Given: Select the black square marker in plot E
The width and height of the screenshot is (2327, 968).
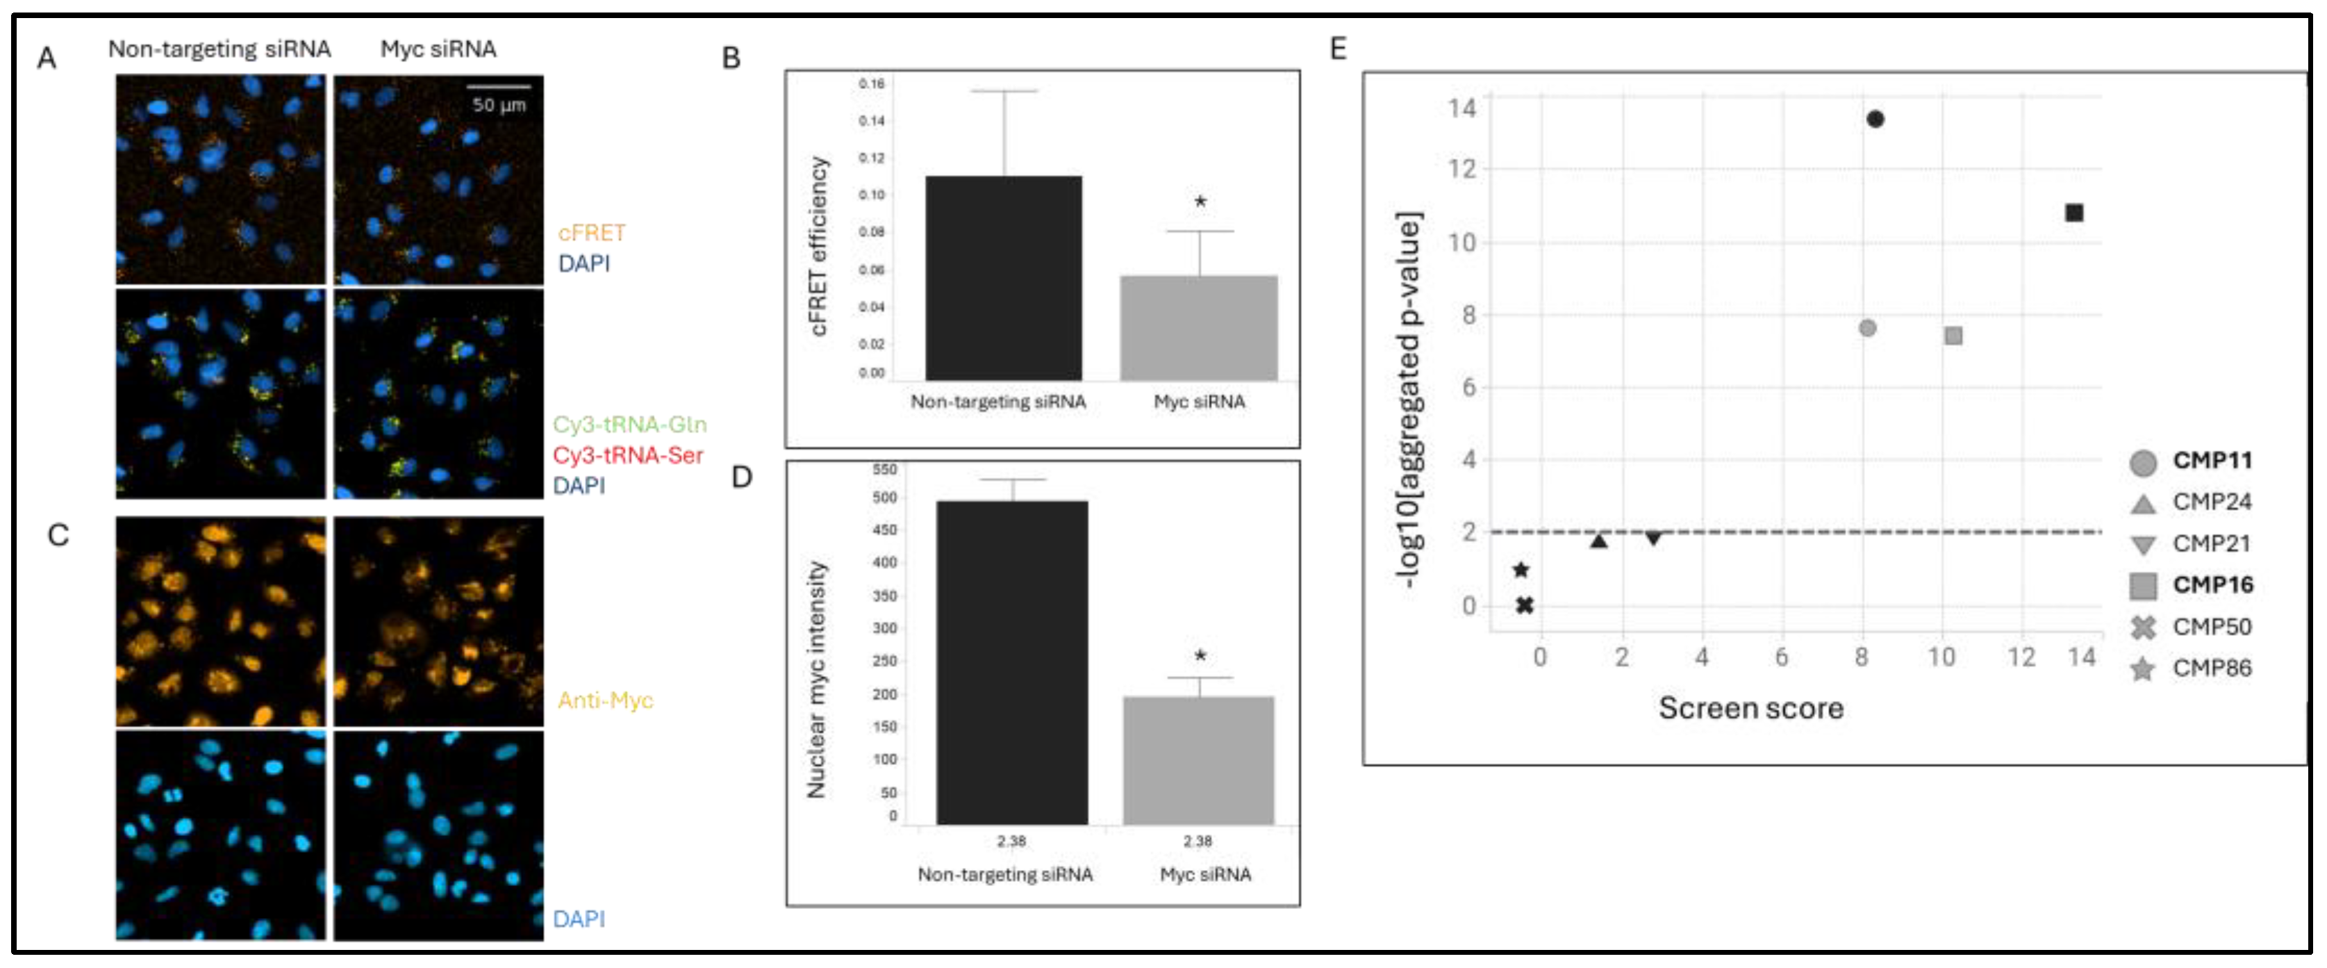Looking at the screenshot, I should (2074, 213).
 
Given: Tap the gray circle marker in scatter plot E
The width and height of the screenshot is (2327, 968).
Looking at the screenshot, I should (1867, 328).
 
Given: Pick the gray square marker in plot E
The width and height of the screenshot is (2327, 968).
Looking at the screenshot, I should (1953, 336).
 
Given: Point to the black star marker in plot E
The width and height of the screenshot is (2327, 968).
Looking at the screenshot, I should (1521, 571).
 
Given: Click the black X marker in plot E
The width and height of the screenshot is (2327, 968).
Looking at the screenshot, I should (1525, 605).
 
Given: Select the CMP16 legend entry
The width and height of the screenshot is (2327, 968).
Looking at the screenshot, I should (2212, 585).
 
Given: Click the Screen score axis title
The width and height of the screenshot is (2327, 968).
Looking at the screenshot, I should (1750, 707).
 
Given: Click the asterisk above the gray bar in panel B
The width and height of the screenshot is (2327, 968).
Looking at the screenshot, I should (1200, 202).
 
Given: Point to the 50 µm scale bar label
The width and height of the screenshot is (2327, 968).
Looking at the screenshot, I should (499, 105).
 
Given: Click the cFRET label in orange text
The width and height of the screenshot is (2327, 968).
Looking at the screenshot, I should (592, 233).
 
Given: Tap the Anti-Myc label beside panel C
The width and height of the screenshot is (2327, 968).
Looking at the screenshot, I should (605, 700).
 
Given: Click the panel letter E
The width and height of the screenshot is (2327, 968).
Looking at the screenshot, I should (1338, 49).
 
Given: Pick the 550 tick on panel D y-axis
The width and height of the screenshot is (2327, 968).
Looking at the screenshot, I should (884, 469).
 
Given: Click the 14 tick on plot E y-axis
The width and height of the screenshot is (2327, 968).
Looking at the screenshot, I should (1461, 108).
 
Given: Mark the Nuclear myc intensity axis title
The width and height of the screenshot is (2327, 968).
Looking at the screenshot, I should (817, 680).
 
